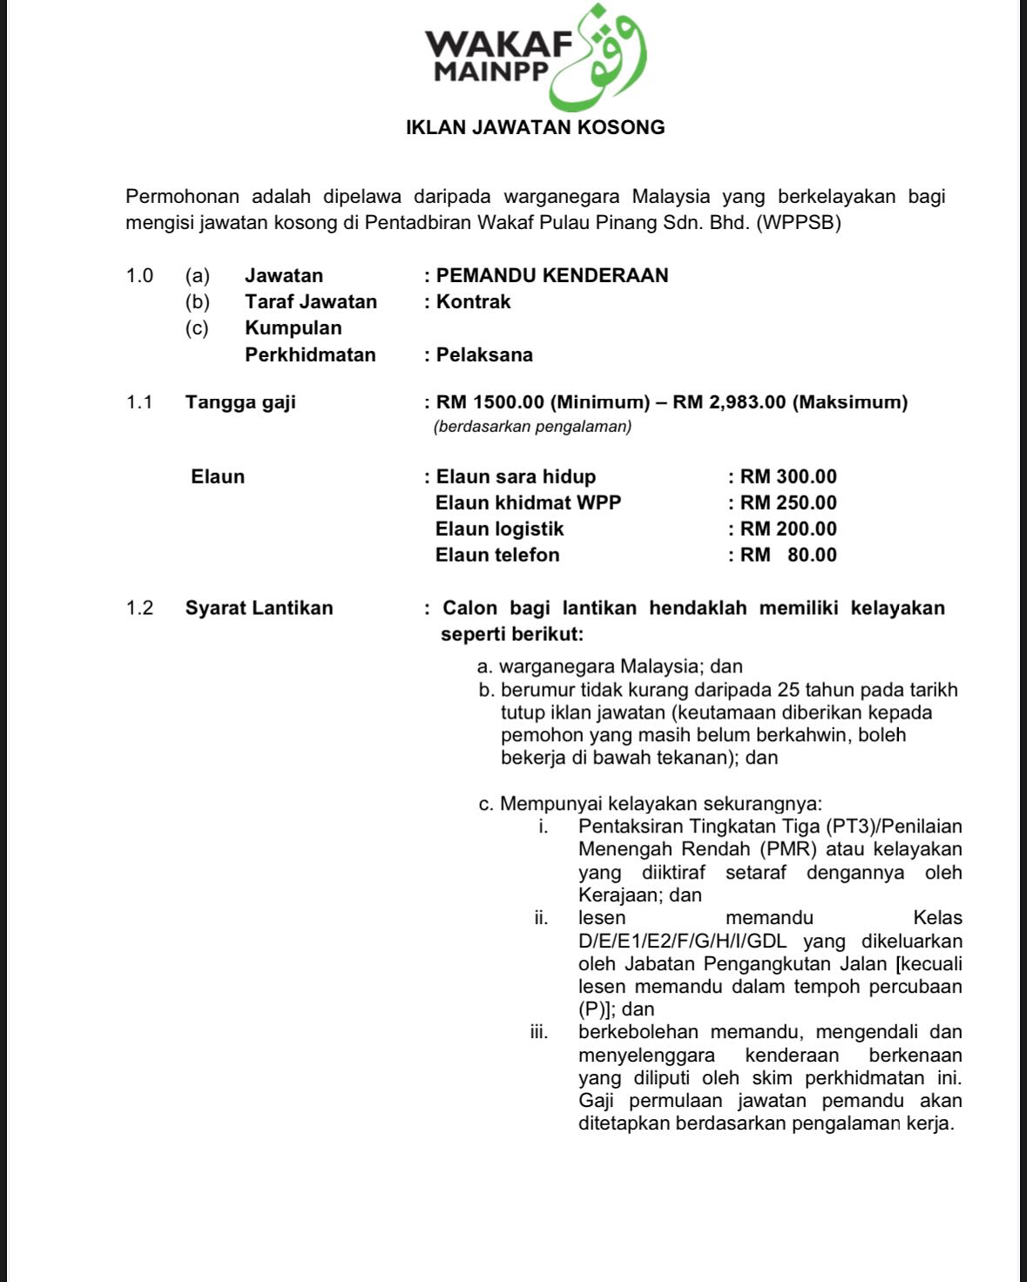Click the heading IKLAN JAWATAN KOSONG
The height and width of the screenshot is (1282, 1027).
pyautogui.click(x=535, y=127)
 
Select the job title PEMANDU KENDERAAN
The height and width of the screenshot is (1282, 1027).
pyautogui.click(x=552, y=275)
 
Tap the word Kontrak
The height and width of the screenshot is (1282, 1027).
pyautogui.click(x=473, y=301)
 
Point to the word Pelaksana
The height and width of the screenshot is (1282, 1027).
pyautogui.click(x=484, y=354)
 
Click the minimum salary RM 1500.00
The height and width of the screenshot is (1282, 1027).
pyautogui.click(x=490, y=402)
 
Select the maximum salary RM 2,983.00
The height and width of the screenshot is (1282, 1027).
pyautogui.click(x=729, y=402)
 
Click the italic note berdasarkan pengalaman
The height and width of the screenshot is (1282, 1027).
pyautogui.click(x=532, y=427)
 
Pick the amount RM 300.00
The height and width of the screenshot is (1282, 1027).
pyautogui.click(x=787, y=476)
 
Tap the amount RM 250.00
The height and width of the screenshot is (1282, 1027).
pyautogui.click(x=787, y=503)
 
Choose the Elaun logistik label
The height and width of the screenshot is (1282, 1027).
pyautogui.click(x=499, y=529)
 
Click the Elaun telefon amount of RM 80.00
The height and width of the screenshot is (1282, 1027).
pyautogui.click(x=787, y=555)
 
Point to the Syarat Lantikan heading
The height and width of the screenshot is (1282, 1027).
pyautogui.click(x=259, y=608)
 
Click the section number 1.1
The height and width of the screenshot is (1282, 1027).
pyautogui.click(x=139, y=402)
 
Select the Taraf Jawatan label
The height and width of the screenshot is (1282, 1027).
pyautogui.click(x=311, y=301)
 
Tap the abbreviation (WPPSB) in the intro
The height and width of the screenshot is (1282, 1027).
pyautogui.click(x=799, y=222)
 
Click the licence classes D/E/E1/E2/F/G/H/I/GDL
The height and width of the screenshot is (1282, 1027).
pyautogui.click(x=682, y=941)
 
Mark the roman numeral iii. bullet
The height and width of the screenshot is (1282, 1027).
pyautogui.click(x=539, y=1032)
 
